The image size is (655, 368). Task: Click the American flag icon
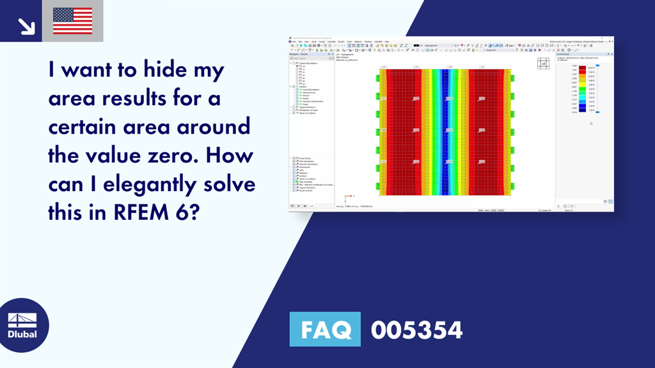click(72, 21)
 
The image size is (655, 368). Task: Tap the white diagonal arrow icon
click(26, 25)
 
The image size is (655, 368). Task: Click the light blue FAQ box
click(325, 330)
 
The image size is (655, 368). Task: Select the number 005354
click(416, 330)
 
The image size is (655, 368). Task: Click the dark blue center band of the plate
click(445, 131)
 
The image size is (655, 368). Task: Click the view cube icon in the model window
click(544, 63)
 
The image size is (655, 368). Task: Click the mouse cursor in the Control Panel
click(591, 123)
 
